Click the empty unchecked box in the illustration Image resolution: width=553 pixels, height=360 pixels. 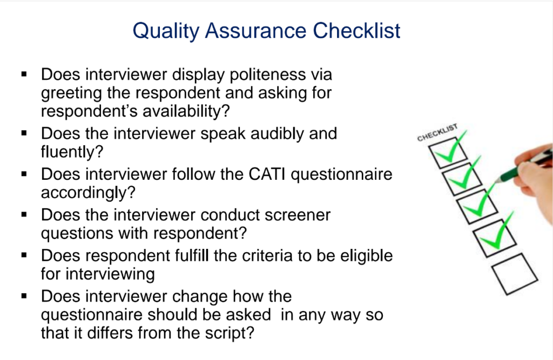[x=514, y=274]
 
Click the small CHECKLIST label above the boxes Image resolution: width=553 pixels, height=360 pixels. [x=437, y=133]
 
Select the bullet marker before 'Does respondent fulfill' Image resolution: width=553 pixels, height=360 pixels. [x=24, y=253]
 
